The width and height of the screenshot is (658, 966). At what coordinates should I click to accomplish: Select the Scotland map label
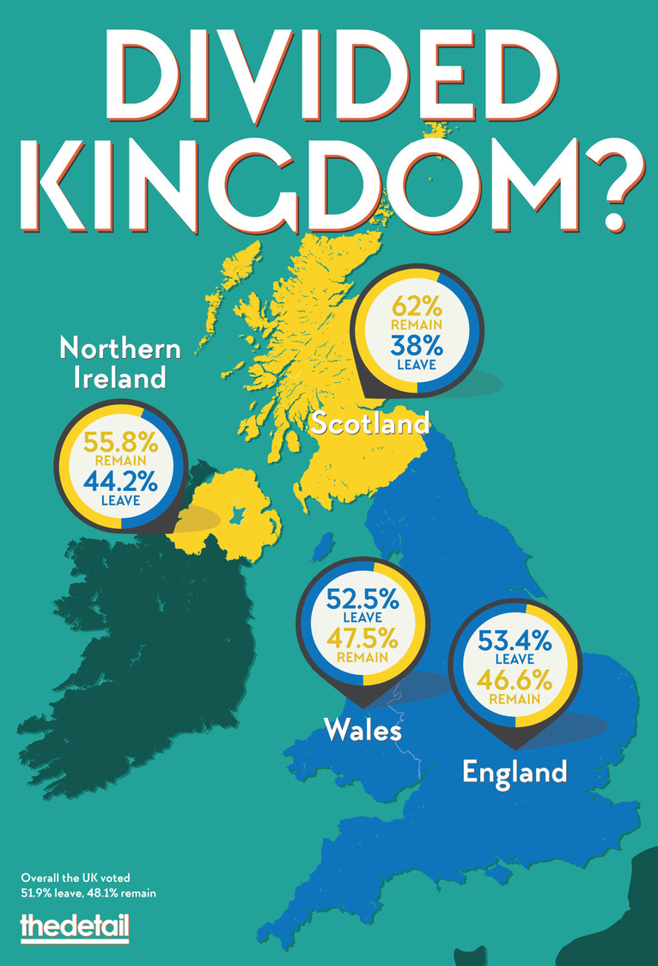pos(370,422)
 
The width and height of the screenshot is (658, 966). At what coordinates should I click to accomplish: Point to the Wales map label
pos(363,731)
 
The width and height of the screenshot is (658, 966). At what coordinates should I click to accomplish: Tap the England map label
pos(515,770)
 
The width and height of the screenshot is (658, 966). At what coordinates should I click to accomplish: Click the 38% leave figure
pos(417,345)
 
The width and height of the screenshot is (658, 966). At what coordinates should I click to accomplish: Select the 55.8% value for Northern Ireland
pos(120,443)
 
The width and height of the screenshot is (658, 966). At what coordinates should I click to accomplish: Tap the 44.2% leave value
pos(120,483)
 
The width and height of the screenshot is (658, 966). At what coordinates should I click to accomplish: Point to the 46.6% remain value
pos(515,678)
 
